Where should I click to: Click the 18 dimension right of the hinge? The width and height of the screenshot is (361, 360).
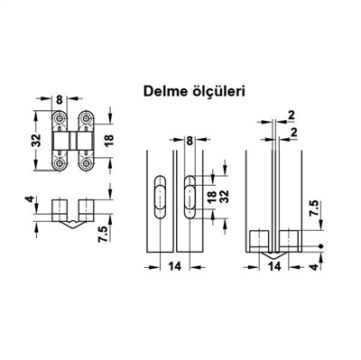(x=108, y=141)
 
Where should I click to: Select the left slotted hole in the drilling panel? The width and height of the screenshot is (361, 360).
(x=158, y=193)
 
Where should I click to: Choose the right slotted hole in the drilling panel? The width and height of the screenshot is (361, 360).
(x=190, y=193)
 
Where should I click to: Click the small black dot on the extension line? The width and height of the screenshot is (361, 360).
(x=322, y=245)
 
